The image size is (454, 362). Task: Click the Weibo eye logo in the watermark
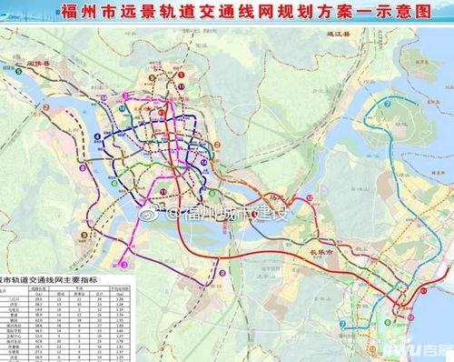coord(173,213)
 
